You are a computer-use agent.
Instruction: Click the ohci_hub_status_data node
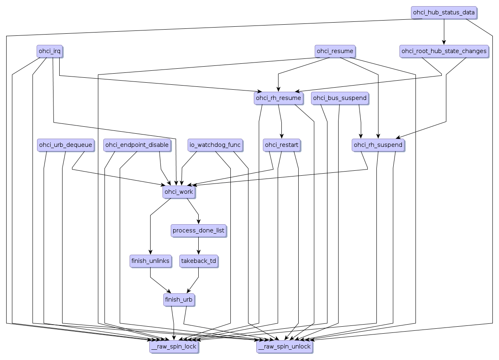click(443, 12)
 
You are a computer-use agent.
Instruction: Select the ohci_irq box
click(49, 51)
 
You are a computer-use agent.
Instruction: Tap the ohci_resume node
click(334, 51)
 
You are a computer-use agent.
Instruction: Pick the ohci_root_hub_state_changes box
click(443, 51)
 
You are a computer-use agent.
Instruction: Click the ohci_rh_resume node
click(278, 98)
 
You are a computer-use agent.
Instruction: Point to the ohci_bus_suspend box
click(339, 98)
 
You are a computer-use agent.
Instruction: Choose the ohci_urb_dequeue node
click(65, 145)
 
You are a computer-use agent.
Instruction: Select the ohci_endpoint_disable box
click(137, 145)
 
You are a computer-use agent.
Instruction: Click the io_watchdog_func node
click(215, 145)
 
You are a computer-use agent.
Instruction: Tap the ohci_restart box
click(281, 145)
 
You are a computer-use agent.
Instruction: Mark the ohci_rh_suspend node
click(378, 145)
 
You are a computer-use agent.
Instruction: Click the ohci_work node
click(178, 192)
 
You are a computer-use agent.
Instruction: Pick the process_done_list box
click(198, 230)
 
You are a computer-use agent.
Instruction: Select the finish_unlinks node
click(150, 261)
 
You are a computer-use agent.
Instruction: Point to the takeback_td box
click(198, 261)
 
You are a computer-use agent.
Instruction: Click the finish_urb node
click(178, 300)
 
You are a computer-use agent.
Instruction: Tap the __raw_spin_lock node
click(174, 347)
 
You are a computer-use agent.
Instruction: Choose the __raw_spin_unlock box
click(284, 347)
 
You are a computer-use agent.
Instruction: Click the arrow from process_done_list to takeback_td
click(198, 246)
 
